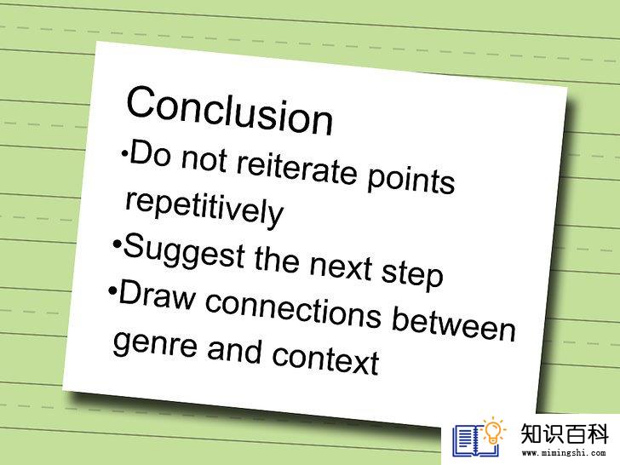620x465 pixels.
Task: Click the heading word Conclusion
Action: point(229,111)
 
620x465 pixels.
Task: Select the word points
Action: point(411,181)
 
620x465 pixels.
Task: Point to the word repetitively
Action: point(204,209)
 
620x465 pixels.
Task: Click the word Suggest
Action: point(184,251)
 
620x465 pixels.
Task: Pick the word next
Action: point(341,267)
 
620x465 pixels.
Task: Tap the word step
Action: point(412,275)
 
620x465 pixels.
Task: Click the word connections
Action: point(293,311)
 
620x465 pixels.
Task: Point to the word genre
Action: point(155,344)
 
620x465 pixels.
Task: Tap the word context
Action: point(325,359)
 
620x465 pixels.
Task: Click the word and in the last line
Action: point(234,349)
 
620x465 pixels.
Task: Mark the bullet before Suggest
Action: point(116,244)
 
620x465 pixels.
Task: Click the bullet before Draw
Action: point(112,291)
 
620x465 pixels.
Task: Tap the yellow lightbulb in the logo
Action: point(492,432)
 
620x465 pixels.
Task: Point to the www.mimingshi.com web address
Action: point(563,453)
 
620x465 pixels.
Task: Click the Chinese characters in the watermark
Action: point(564,434)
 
